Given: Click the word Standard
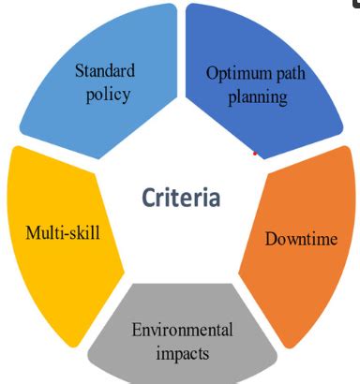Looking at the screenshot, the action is click(x=105, y=70).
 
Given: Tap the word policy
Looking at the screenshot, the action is click(x=105, y=94).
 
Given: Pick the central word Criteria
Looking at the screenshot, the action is click(x=181, y=198).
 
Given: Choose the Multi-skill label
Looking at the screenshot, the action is click(x=62, y=229).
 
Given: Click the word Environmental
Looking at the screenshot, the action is click(x=183, y=330).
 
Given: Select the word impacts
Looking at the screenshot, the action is click(x=183, y=353).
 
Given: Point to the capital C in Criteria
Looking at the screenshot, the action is click(x=150, y=198).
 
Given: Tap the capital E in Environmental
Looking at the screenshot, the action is click(x=137, y=330).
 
